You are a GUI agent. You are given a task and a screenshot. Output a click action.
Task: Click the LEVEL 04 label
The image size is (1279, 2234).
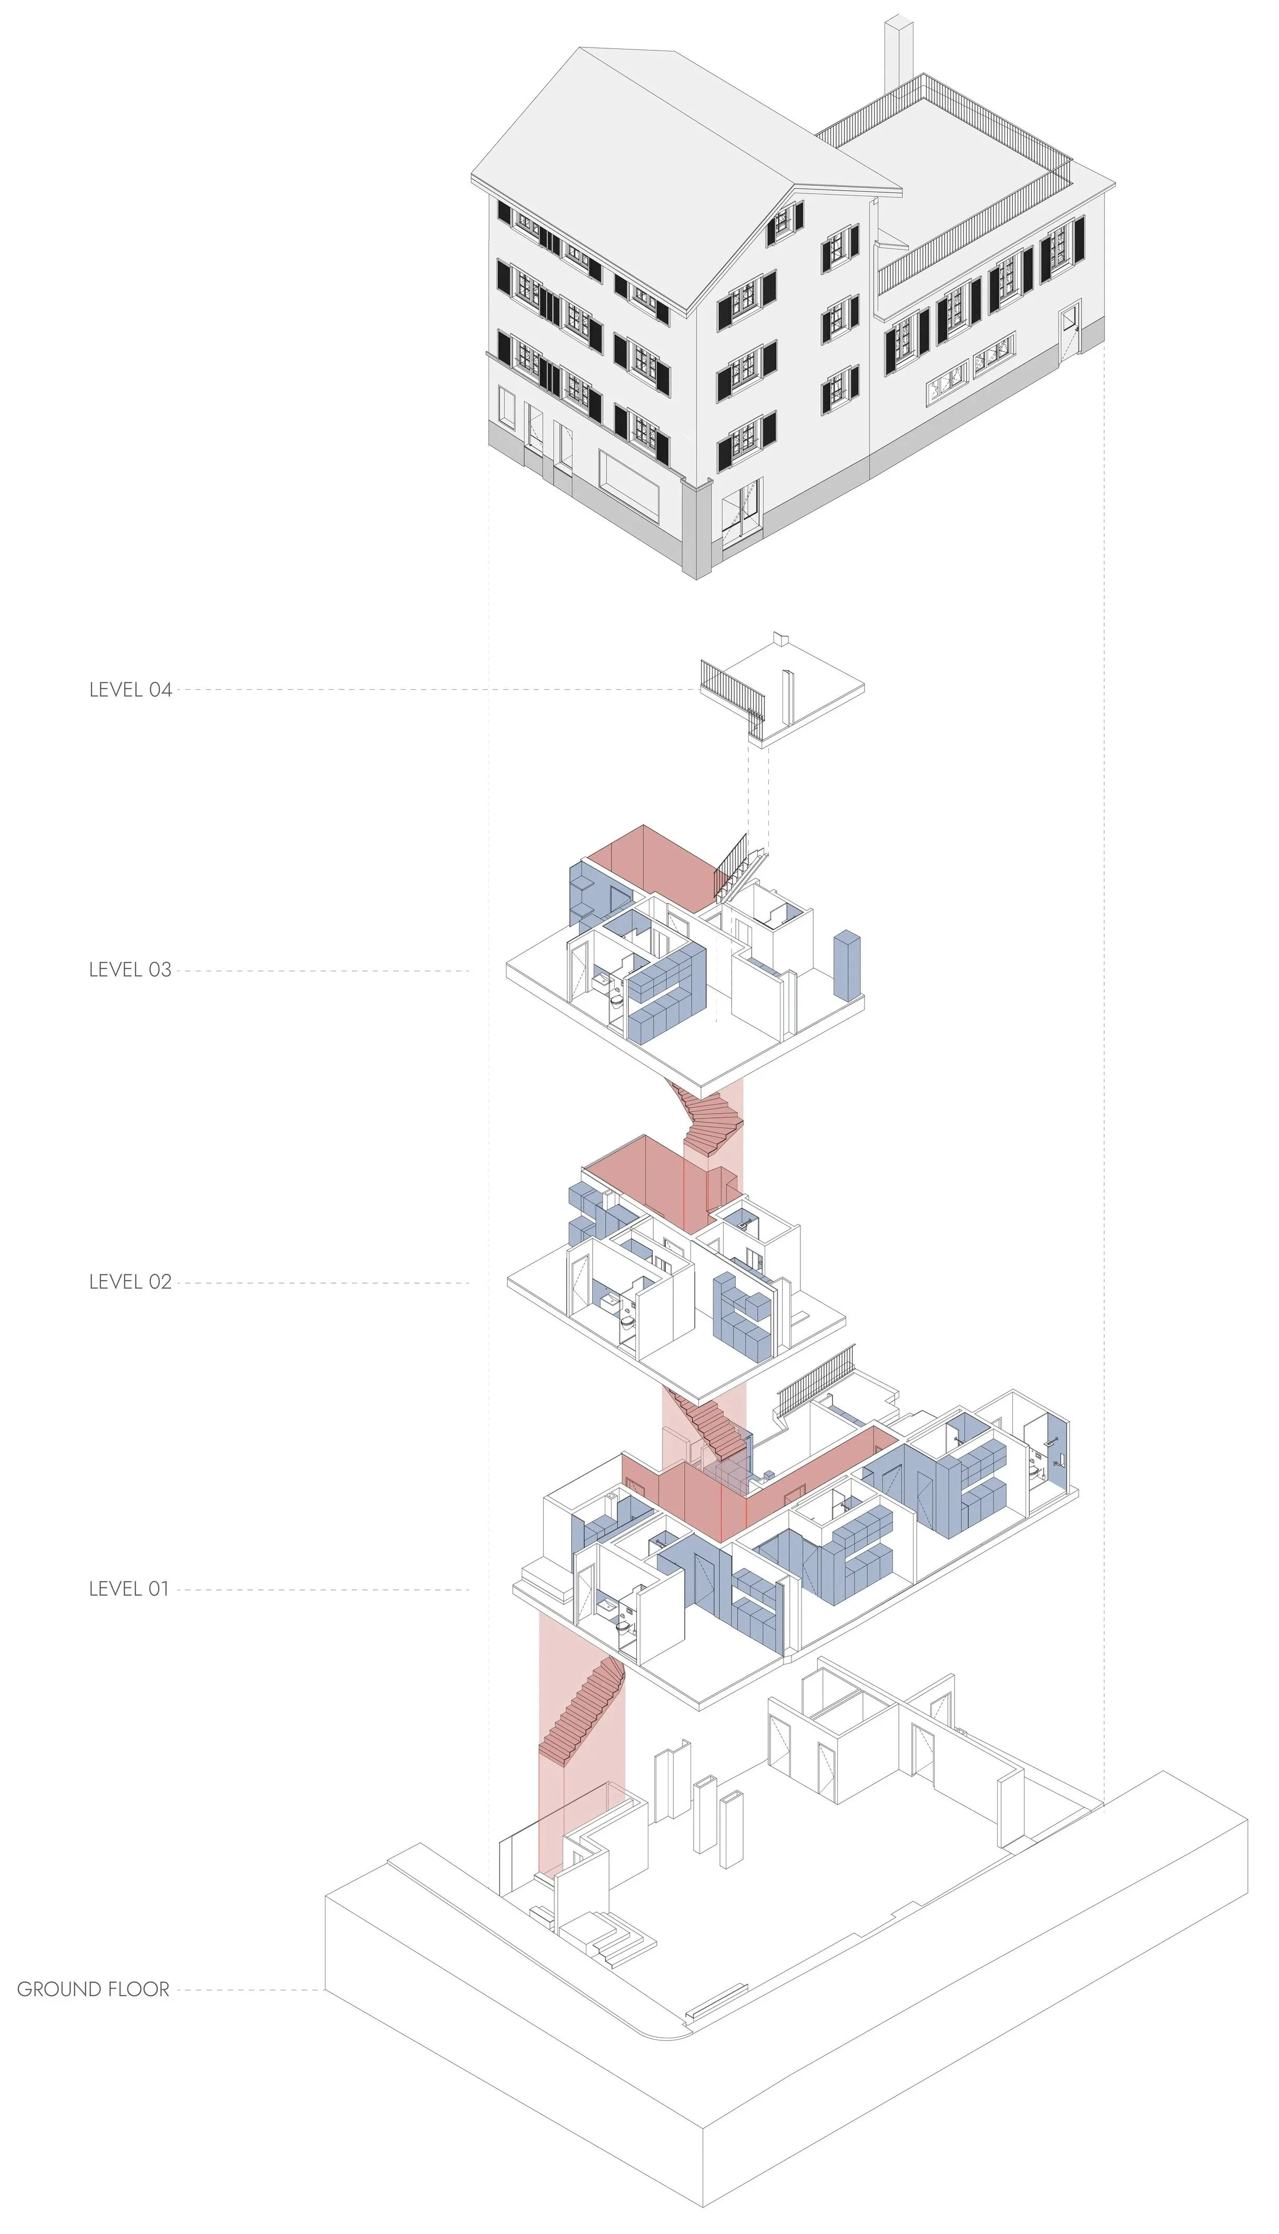click(x=130, y=690)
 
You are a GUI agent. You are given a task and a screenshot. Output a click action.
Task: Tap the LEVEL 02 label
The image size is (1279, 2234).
click(x=130, y=1282)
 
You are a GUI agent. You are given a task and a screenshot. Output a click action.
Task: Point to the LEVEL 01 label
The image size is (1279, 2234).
click(x=128, y=1589)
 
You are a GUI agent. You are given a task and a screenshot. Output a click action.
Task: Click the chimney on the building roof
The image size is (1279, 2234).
click(x=898, y=53)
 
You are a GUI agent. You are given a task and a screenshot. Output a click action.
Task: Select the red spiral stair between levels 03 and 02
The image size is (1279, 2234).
click(x=712, y=1121)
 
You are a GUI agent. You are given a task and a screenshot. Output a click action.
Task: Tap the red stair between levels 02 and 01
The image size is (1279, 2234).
click(x=712, y=1422)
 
